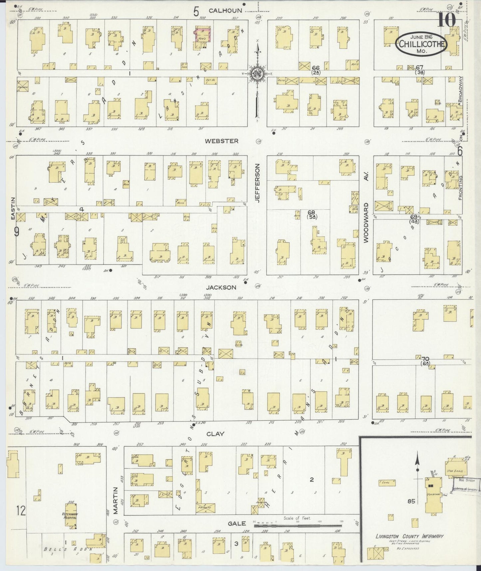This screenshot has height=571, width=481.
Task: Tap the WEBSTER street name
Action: coord(222,141)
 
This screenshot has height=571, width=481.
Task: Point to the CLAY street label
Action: coord(215,434)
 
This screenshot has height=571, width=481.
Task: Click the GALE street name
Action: coord(237,523)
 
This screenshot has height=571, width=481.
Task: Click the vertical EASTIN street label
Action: coord(13,209)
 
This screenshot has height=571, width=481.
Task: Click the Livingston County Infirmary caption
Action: coord(409,536)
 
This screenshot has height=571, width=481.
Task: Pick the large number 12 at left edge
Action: coord(20,510)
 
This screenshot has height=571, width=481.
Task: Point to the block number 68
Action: coord(311,212)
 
